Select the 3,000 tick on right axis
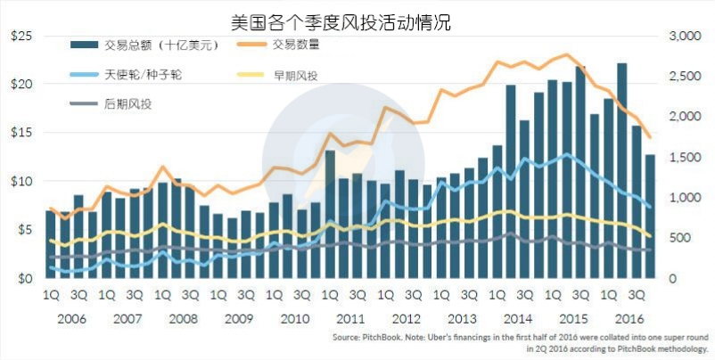[x=685, y=36]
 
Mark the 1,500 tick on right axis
[x=685, y=158]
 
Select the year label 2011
[x=350, y=317]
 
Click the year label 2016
[x=629, y=317]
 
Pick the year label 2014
[x=518, y=317]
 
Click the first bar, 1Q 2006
[x=50, y=245]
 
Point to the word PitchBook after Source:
[x=375, y=340]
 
